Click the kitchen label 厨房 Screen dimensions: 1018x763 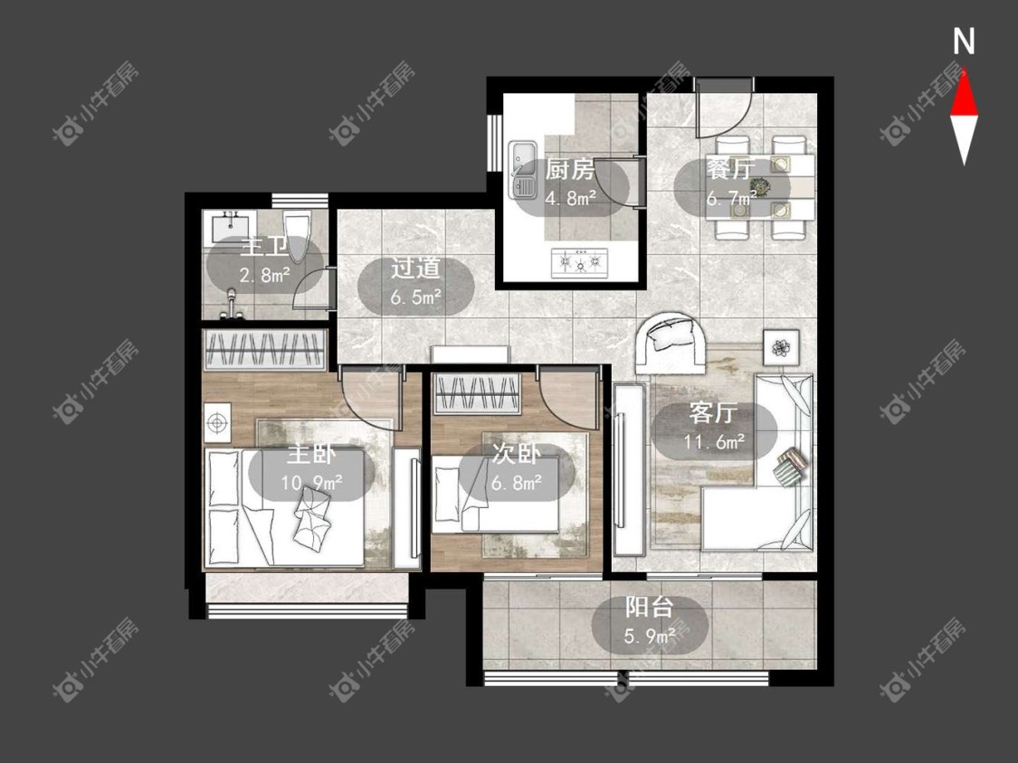[569, 170]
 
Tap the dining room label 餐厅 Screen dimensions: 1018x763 [731, 169]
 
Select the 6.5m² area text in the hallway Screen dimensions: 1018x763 [416, 297]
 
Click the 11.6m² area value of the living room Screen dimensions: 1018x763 [714, 442]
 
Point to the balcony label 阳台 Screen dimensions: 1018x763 [649, 608]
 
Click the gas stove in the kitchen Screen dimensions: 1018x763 [580, 263]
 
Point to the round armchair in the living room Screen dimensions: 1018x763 [671, 343]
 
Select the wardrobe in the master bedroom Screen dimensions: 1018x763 [265, 350]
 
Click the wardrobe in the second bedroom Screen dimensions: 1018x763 [477, 393]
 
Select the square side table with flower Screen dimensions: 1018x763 [781, 348]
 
